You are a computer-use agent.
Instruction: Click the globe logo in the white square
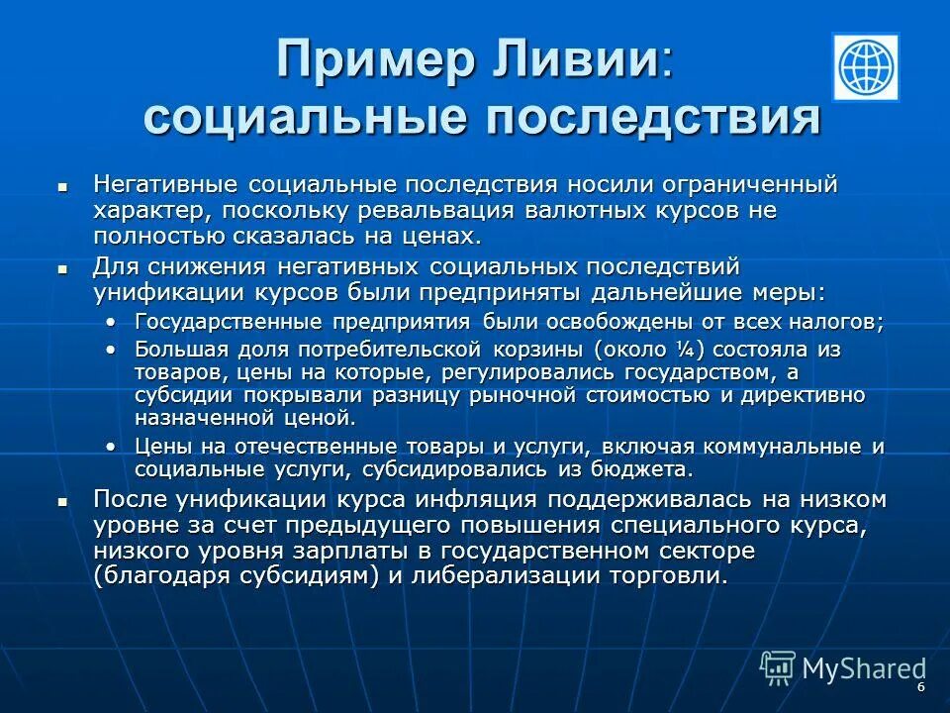pyautogui.click(x=866, y=67)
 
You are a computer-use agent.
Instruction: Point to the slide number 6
pyautogui.click(x=921, y=687)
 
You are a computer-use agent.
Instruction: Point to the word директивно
pyautogui.click(x=808, y=394)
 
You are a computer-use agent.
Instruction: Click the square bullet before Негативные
pyautogui.click(x=62, y=185)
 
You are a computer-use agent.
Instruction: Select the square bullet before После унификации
pyautogui.click(x=62, y=501)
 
